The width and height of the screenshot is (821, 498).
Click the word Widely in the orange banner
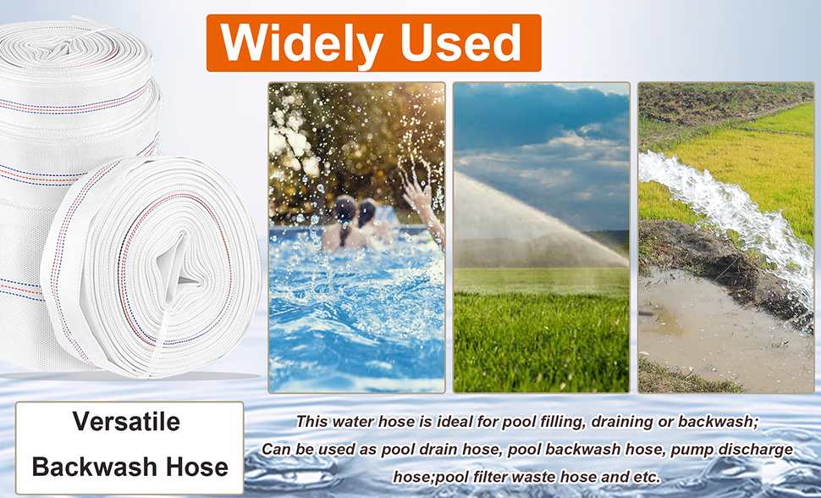(301, 44)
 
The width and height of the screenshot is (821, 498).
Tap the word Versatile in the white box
(126, 422)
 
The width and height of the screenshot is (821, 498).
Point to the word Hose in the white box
(197, 466)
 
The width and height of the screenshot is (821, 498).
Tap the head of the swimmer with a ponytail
(345, 209)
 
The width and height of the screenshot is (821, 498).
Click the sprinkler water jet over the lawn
(539, 220)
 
